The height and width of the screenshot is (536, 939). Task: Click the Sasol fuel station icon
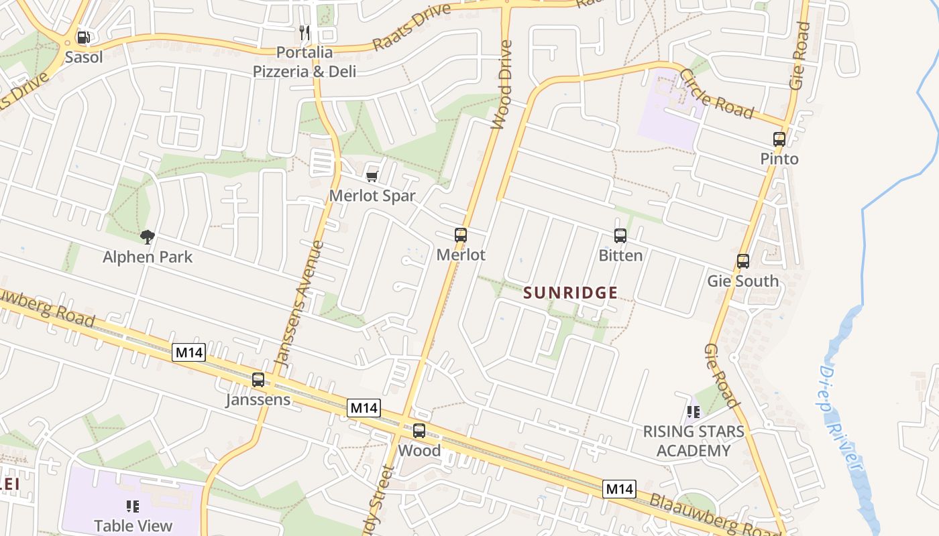(x=83, y=38)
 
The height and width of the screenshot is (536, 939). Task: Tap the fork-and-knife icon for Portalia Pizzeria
(x=305, y=32)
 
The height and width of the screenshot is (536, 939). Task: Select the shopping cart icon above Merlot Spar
(x=372, y=176)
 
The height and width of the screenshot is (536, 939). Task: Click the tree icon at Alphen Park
(x=148, y=237)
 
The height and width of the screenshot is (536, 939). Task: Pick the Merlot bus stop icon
(x=461, y=235)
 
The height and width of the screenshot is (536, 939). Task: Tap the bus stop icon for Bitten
(x=620, y=236)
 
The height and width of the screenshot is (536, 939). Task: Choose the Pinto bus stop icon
(x=779, y=139)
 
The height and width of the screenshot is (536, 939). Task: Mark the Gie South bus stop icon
(x=743, y=261)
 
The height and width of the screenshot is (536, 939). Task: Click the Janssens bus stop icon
(x=258, y=380)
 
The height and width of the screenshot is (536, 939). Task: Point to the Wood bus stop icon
(x=419, y=431)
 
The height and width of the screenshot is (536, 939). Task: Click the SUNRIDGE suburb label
(x=570, y=293)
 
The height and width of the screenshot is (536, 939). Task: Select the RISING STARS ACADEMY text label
(x=694, y=441)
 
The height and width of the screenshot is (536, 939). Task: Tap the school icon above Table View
(x=133, y=507)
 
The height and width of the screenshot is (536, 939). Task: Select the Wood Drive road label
(x=502, y=84)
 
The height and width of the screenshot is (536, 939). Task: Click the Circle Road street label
(x=716, y=93)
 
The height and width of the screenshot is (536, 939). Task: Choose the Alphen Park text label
(x=148, y=257)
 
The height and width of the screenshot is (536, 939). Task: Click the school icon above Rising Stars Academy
(x=694, y=411)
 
